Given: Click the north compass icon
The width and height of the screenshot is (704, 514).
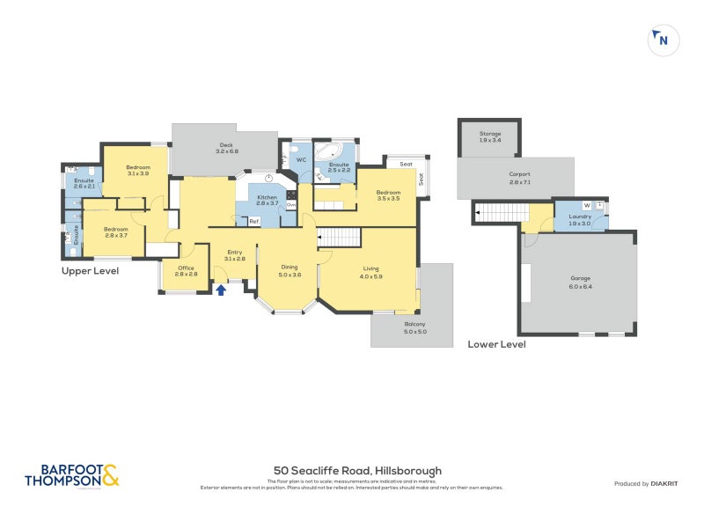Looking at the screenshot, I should coord(663,40).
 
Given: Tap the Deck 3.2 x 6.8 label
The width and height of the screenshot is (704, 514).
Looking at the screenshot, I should coord(227,149).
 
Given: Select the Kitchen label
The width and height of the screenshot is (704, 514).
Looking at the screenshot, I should coord(267,200).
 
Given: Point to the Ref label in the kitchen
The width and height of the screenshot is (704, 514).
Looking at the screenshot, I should coord(253,221).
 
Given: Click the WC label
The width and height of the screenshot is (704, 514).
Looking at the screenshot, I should coord(300,160).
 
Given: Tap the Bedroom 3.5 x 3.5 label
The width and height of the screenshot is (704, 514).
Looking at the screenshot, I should coord(388,195).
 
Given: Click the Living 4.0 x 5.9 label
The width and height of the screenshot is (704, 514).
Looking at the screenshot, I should coord(371,273).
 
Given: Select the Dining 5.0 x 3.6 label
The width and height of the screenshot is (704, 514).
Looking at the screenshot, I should coord(290,271).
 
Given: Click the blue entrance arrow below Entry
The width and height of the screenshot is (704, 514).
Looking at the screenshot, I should coord(221,288).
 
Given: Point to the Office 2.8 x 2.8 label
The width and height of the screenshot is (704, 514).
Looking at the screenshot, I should coord(186,271).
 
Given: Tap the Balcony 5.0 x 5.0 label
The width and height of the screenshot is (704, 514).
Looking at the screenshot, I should coord(414,328).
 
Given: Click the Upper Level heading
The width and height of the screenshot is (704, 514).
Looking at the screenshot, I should coord(90,271).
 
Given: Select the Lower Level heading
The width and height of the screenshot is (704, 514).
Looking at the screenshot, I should coord(496,344).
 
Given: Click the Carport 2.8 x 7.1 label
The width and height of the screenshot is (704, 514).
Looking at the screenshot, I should coord(520,177).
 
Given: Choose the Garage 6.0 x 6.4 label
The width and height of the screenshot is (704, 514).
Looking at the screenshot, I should coord(581,283).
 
